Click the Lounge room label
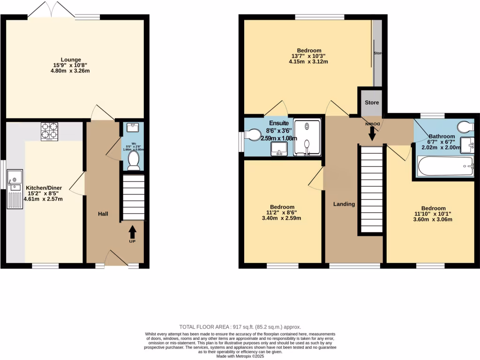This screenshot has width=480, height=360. click(71, 60)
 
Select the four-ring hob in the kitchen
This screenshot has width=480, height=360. click(49, 132)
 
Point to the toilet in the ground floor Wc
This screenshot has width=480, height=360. click(134, 160)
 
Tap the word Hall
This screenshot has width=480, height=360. click(103, 214)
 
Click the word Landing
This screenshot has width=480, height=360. click(344, 204)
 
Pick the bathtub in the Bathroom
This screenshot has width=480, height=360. click(445, 166)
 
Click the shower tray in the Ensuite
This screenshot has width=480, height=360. click(307, 136)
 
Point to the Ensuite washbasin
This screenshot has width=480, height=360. click(279, 148)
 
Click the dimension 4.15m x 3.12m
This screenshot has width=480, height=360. click(308, 61)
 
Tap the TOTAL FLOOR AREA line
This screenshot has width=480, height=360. click(240, 327)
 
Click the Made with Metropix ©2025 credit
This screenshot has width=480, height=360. click(240, 356)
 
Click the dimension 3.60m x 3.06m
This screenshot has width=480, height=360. click(433, 219)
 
